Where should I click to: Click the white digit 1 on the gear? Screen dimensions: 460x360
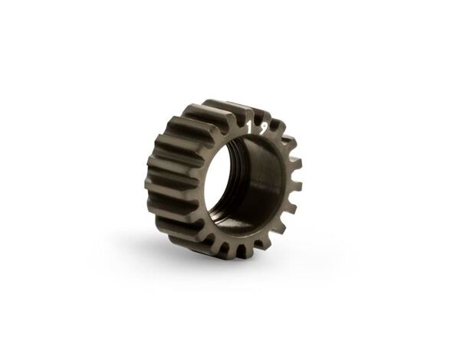coord(250,127)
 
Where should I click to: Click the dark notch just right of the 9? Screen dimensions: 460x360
coord(273,125)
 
